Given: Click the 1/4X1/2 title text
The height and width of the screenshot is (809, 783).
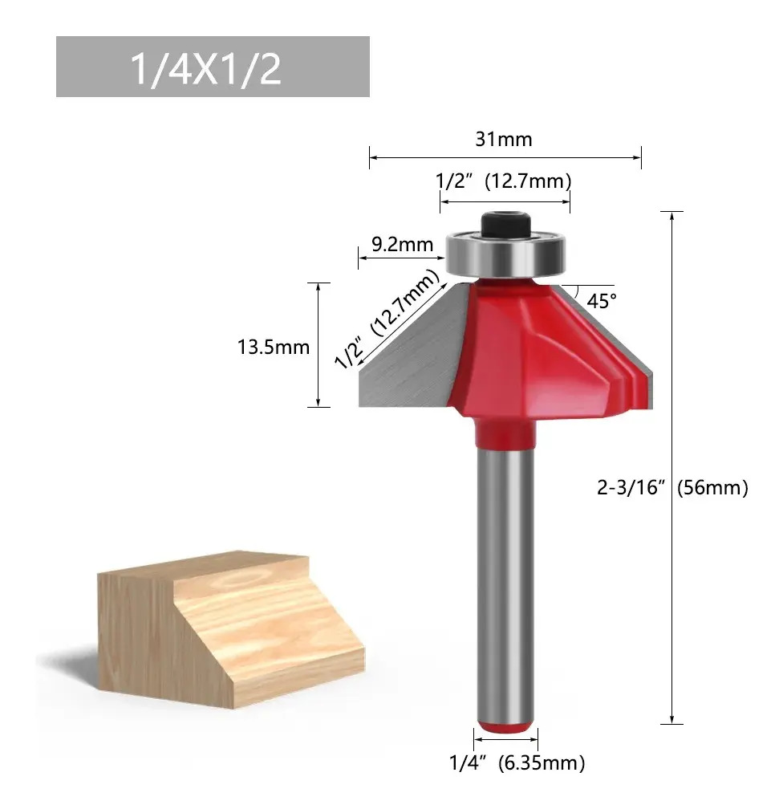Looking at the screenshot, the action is point(206,69).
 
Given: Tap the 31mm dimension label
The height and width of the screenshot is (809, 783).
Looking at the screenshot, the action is point(504,140).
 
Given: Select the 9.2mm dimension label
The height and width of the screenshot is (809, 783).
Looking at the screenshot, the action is point(403,244).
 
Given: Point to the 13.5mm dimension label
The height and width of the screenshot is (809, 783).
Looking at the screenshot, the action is point(274,348).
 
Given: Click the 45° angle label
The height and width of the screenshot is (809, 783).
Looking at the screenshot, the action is point(602,301).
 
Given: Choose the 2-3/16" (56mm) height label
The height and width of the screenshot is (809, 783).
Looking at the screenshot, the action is point(672,488).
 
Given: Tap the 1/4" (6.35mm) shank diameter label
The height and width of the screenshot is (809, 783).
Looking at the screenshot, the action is point(517,763).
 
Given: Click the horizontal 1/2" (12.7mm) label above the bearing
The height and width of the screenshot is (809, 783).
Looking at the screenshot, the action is point(504,181).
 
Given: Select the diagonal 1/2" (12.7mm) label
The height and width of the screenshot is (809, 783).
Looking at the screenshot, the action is point(387,319).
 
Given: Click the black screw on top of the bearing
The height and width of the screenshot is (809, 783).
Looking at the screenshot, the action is point(505,226).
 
